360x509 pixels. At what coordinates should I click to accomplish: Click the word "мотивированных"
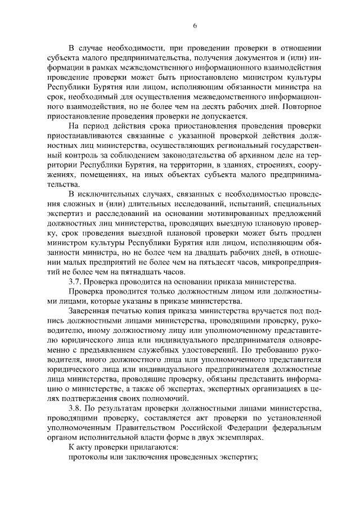(x=224, y=214)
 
